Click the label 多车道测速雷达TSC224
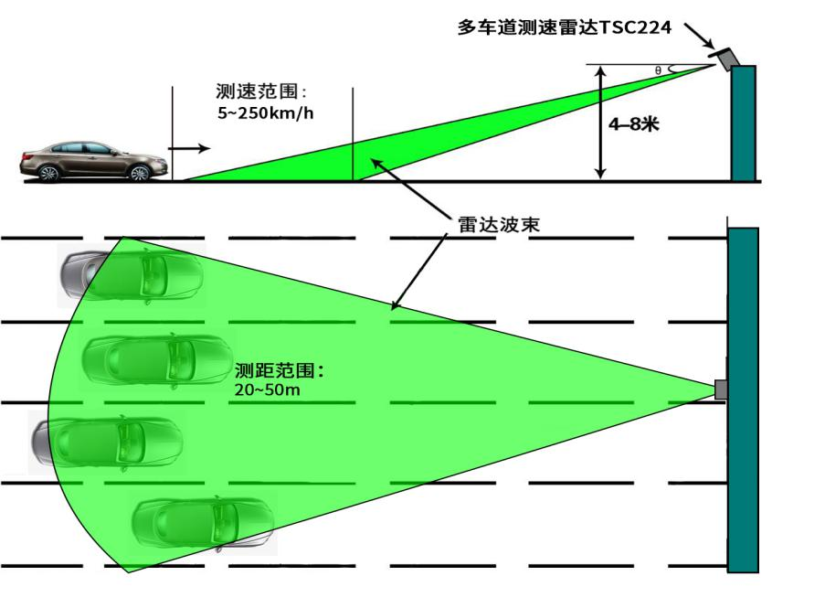[564, 27]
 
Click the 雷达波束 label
[498, 224]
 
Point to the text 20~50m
[268, 390]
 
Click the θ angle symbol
[658, 69]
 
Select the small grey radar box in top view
[721, 389]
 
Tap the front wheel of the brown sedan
[139, 173]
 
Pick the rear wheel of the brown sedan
[49, 173]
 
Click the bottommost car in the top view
[203, 523]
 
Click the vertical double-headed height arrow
[600, 122]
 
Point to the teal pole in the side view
[744, 123]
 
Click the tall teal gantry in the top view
[743, 400]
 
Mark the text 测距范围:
[280, 371]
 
